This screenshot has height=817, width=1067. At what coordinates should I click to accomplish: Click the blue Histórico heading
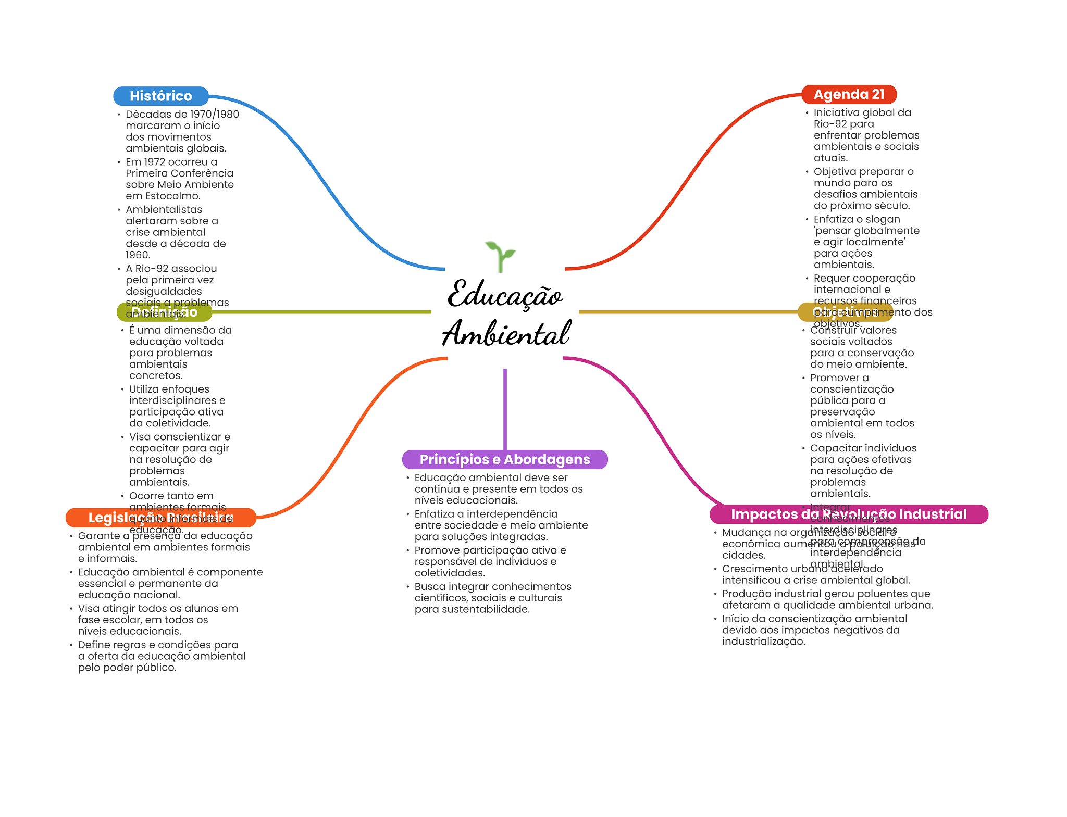point(160,96)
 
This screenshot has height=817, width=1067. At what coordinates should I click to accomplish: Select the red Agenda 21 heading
point(849,94)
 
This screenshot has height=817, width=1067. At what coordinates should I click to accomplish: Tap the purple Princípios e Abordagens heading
point(504,459)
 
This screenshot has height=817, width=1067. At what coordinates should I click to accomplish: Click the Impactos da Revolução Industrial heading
point(848,514)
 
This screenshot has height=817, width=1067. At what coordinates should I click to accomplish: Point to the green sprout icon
point(500,256)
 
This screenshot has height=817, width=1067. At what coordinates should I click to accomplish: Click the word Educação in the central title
point(505,295)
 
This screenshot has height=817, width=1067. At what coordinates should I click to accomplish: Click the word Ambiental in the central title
point(506,333)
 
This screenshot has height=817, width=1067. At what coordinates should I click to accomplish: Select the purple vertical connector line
point(505,409)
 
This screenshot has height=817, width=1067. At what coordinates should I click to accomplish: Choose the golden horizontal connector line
point(688,312)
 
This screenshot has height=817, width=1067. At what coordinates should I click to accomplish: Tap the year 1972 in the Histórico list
point(155,162)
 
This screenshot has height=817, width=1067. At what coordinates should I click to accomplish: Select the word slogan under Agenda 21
point(883,219)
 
